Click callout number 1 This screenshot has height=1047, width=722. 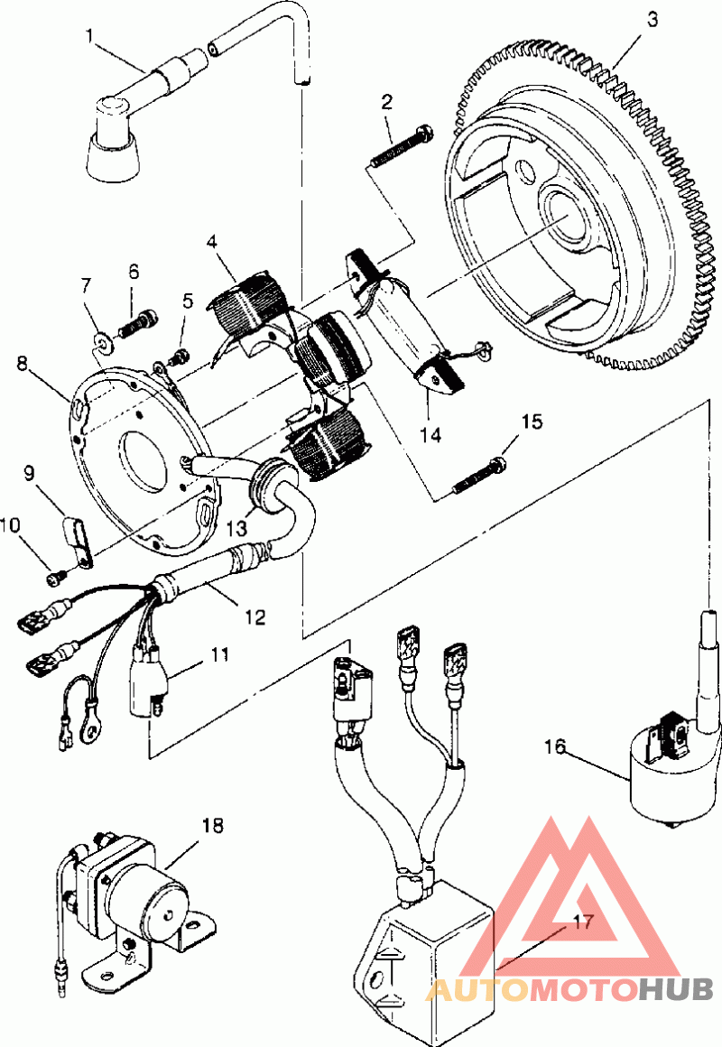[89, 36]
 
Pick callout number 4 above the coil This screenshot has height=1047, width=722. [212, 242]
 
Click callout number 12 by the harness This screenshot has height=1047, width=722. [255, 617]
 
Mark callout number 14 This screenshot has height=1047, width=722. [431, 434]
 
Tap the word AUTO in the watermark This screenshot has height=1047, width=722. [475, 990]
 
